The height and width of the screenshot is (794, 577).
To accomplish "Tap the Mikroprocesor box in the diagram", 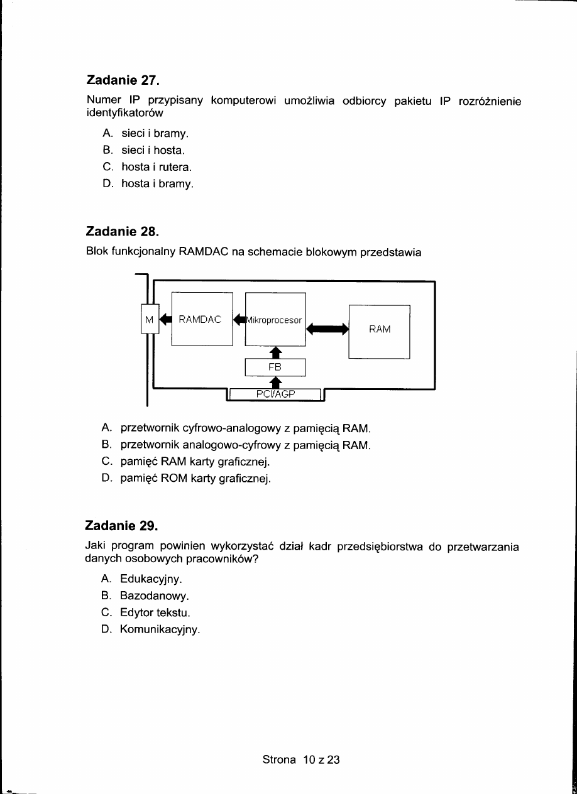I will [x=275, y=320].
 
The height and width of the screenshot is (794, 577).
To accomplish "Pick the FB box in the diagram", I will [x=275, y=366].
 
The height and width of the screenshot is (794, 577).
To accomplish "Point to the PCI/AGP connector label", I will [x=276, y=394].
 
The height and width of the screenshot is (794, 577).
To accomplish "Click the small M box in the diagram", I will [x=150, y=319].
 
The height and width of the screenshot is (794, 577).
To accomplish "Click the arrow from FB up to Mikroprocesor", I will [x=275, y=352].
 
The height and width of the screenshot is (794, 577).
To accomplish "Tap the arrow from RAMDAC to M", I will [x=165, y=319].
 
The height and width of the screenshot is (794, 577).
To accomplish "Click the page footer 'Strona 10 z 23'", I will [x=301, y=759].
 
